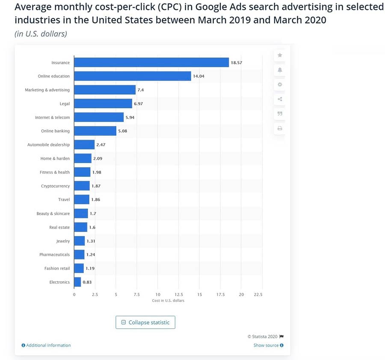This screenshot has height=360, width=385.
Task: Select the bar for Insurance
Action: pyautogui.click(x=151, y=62)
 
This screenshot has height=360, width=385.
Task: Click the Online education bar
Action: pyautogui.click(x=133, y=76)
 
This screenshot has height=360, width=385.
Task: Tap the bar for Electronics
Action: pyautogui.click(x=77, y=282)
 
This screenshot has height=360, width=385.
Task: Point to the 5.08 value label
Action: pyautogui.click(x=123, y=131)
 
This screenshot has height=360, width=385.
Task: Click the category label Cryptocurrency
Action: pyautogui.click(x=55, y=186)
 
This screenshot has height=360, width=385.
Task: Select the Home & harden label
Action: pyautogui.click(x=55, y=159)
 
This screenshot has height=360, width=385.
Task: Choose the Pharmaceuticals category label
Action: pyautogui.click(x=54, y=255)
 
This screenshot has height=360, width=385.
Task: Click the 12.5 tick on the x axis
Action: pyautogui.click(x=179, y=295)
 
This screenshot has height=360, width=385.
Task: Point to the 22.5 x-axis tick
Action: pyautogui.click(x=258, y=295)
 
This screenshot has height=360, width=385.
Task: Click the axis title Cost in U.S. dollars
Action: pyautogui.click(x=168, y=300)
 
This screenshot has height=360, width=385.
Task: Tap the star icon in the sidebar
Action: pyautogui.click(x=280, y=55)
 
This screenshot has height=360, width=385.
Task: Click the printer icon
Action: pyautogui.click(x=280, y=128)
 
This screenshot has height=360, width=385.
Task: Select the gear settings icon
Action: pyautogui.click(x=280, y=84)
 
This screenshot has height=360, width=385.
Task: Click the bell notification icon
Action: pyautogui.click(x=280, y=70)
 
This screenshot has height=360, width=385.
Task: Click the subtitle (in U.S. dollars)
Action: pyautogui.click(x=41, y=34)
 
